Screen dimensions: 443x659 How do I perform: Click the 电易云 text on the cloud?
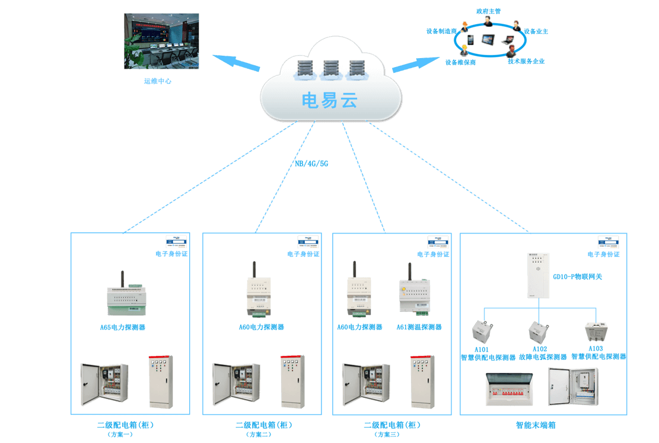coord(329,100)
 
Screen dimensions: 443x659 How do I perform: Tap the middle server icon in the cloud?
coord(330,70)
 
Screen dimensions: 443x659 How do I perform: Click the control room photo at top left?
coord(161,42)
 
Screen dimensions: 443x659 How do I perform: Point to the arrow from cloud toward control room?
coord(235,62)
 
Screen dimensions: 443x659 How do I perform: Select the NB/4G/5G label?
coord(311,164)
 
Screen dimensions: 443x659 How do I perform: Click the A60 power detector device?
coord(359,291)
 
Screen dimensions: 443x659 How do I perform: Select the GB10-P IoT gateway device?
coord(538,275)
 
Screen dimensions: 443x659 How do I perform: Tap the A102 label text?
coord(539,349)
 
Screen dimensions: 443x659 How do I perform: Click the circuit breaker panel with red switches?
coord(509,389)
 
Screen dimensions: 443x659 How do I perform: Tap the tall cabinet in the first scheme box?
coord(161,382)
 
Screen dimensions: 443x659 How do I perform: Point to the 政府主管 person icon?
coord(488,21)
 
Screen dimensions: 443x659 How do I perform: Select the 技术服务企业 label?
coord(526,61)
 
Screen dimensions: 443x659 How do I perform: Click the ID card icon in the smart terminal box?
coord(608,241)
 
